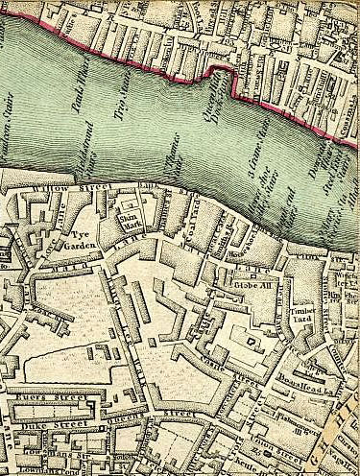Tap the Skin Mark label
[x=129, y=222]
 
